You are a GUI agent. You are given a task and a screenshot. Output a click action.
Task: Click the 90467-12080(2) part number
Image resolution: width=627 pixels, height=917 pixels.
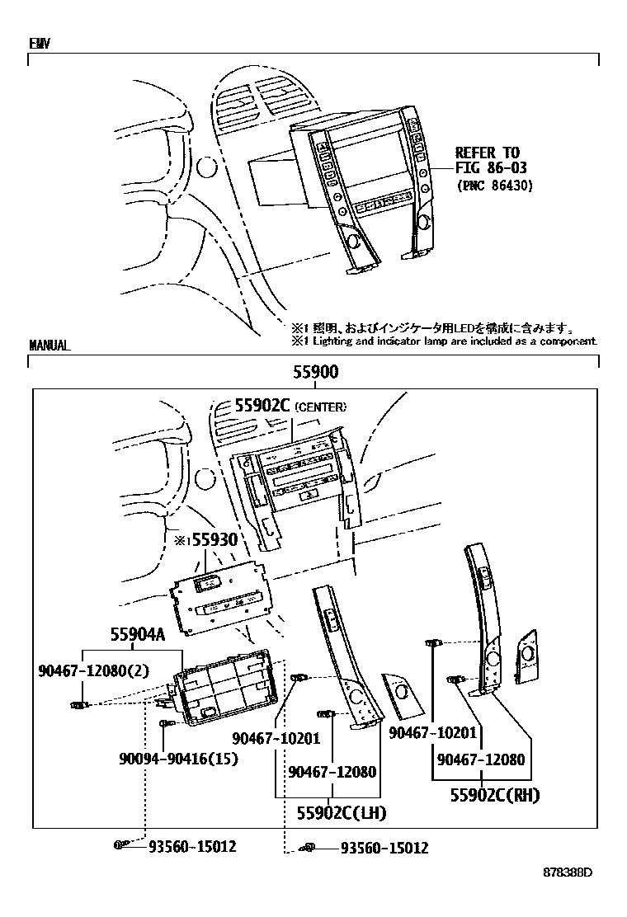point(93,671)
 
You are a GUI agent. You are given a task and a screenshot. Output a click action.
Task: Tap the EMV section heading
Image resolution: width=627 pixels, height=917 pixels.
point(39,44)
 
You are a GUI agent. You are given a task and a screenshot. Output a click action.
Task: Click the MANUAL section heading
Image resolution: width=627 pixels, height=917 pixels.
point(49,346)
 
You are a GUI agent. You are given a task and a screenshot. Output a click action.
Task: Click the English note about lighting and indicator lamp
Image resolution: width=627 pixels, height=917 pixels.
point(443,341)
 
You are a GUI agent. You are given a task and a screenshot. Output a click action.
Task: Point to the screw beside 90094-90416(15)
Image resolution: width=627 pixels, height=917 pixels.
point(165,724)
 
